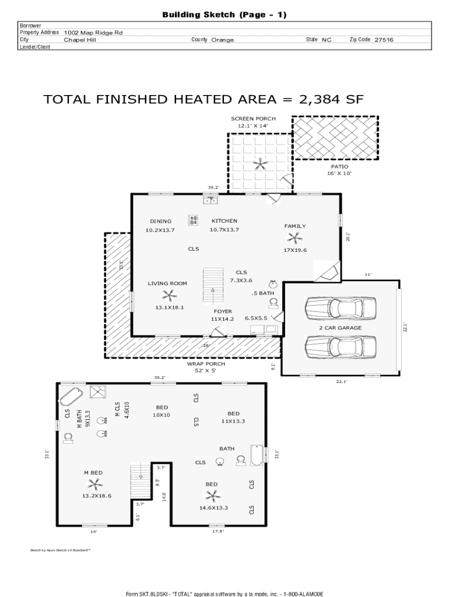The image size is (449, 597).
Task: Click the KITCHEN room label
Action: pos(224,221)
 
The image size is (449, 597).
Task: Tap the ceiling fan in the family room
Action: pos(294,238)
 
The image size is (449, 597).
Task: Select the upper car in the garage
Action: pos(341,308)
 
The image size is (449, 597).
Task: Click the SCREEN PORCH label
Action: pos(253,119)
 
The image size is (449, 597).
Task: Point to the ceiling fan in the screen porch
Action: pos(260,164)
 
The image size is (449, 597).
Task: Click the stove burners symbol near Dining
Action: pos(193,220)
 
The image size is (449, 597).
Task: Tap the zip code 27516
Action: pos(384,40)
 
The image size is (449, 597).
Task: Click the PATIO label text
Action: pos(339,166)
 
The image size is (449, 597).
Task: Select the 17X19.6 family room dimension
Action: pos(295,250)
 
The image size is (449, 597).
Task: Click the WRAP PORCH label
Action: pos(206,364)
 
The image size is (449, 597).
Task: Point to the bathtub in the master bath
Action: pos(71,396)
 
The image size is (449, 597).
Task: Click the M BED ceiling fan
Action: pos(94,484)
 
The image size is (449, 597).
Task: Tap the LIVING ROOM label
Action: pos(167,283)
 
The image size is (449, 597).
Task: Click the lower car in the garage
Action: pos(341,347)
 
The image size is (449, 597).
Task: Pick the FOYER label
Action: pos(223,311)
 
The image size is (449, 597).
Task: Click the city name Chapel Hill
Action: pos(80,40)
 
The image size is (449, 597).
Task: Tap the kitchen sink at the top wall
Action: pos(210,199)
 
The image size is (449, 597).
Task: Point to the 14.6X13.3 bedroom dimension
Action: pos(213,508)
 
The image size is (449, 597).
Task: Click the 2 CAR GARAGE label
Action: pos(341,328)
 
